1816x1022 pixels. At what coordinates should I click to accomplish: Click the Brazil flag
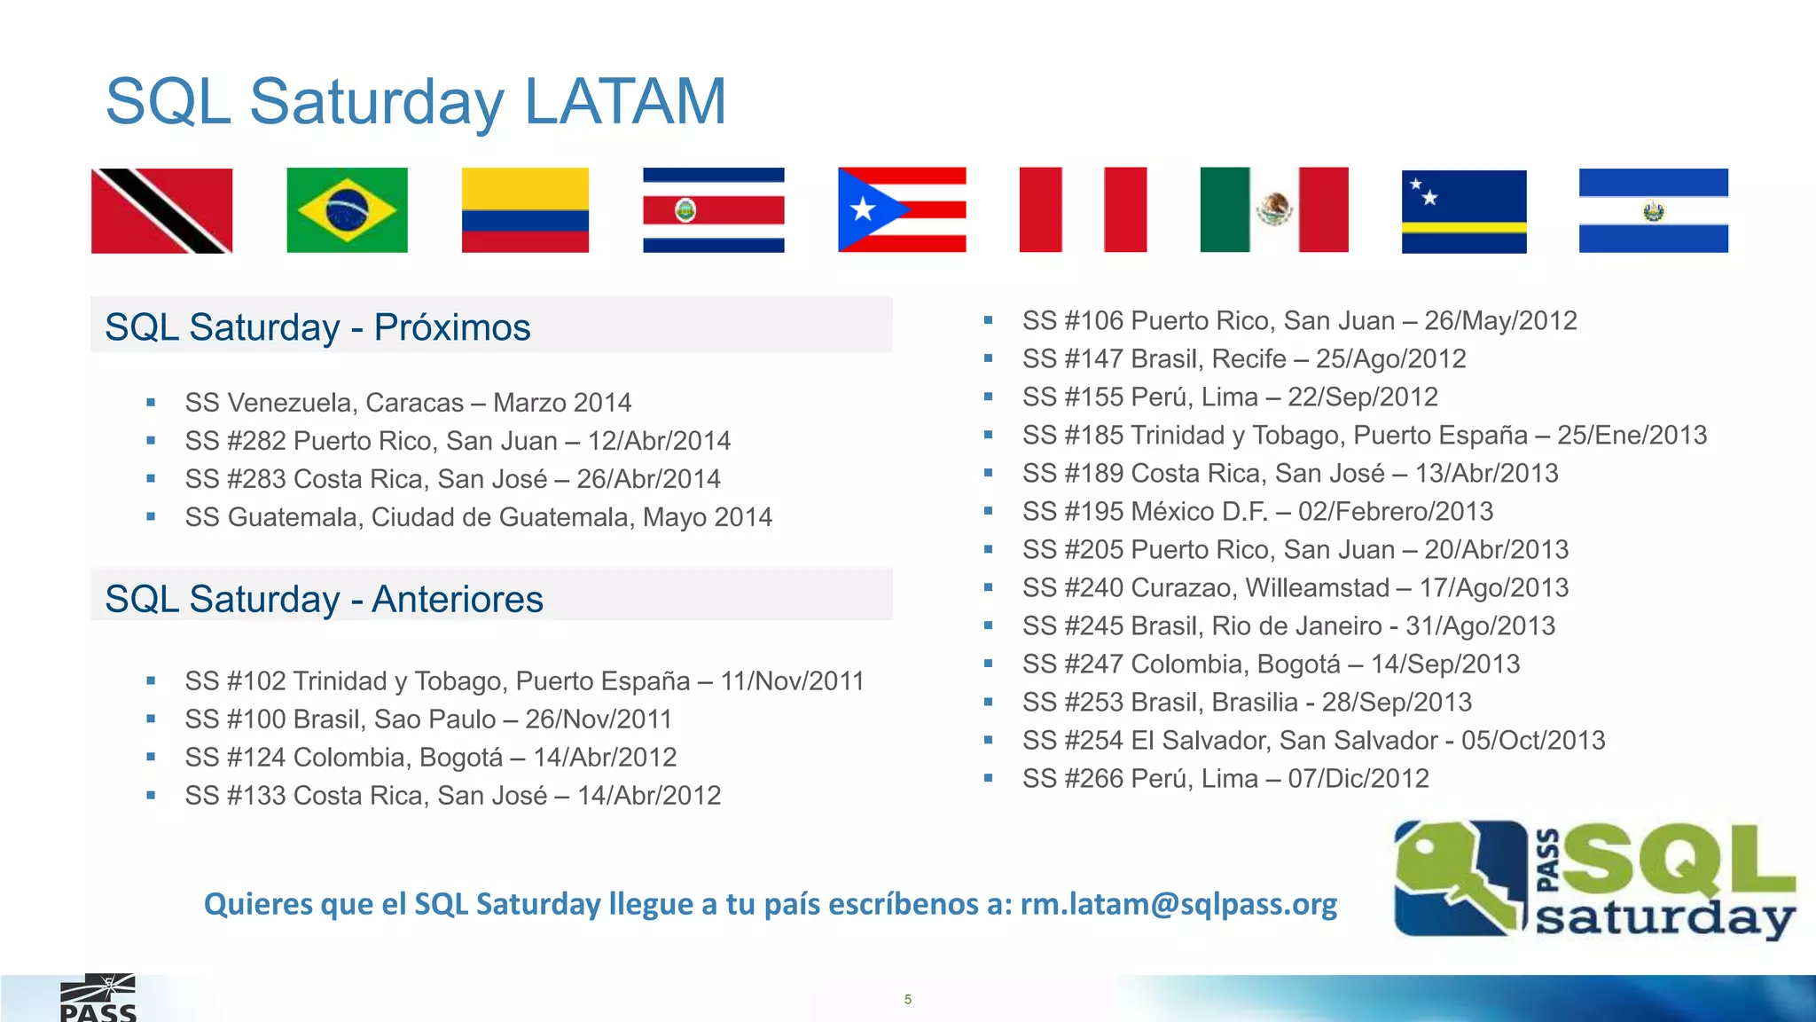pos(347,210)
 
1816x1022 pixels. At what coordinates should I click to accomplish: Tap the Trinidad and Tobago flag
pos(161,211)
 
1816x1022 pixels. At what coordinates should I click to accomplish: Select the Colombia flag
pos(525,210)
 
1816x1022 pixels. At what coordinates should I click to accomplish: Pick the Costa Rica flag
pos(714,210)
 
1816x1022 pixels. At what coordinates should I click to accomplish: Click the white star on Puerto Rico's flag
pos(862,210)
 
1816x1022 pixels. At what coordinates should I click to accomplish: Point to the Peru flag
pos(1083,210)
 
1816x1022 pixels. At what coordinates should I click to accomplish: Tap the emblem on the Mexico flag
pos(1274,209)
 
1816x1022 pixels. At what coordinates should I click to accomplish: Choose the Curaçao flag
pos(1464,211)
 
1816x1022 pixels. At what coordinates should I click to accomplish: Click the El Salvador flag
pos(1653,210)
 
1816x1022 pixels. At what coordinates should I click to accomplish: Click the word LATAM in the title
pos(625,102)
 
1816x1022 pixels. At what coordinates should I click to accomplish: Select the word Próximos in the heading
pos(451,327)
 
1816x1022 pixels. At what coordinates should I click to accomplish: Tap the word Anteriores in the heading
pos(457,599)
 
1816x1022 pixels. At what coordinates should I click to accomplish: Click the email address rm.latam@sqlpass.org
pos(1178,904)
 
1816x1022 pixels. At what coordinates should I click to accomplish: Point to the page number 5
pos(907,999)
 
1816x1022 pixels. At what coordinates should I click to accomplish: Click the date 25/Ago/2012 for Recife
pos(1390,359)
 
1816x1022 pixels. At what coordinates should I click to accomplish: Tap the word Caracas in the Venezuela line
pos(414,403)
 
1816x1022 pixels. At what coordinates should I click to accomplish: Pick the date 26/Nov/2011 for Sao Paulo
pos(599,719)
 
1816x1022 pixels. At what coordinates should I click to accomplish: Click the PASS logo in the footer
pos(98,1000)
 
